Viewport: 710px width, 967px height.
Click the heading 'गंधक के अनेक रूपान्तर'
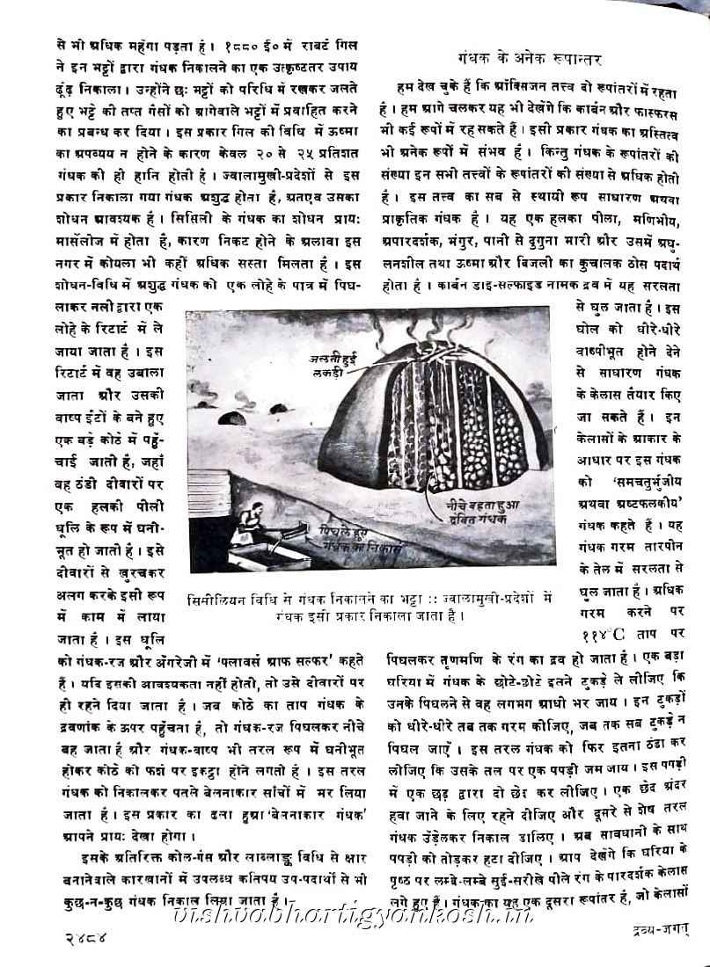(529, 60)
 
